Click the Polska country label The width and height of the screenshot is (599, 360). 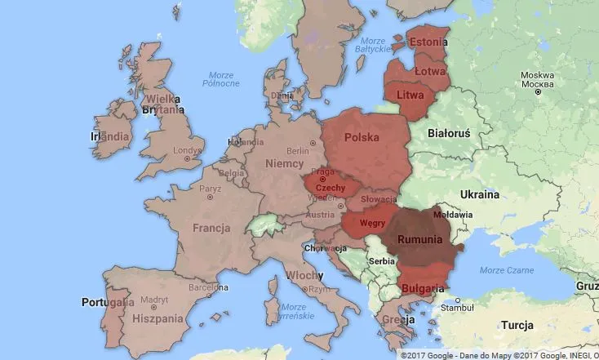point(362,137)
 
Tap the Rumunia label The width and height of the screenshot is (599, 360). point(419,240)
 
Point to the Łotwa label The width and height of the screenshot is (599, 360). point(428,71)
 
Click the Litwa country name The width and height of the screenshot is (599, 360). point(410,95)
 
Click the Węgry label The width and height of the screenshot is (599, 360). point(372,221)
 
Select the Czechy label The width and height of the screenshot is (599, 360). point(330,188)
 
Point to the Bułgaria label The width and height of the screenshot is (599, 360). point(424,288)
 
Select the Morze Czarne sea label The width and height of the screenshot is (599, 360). point(503,270)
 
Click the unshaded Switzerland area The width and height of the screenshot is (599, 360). point(264,223)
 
